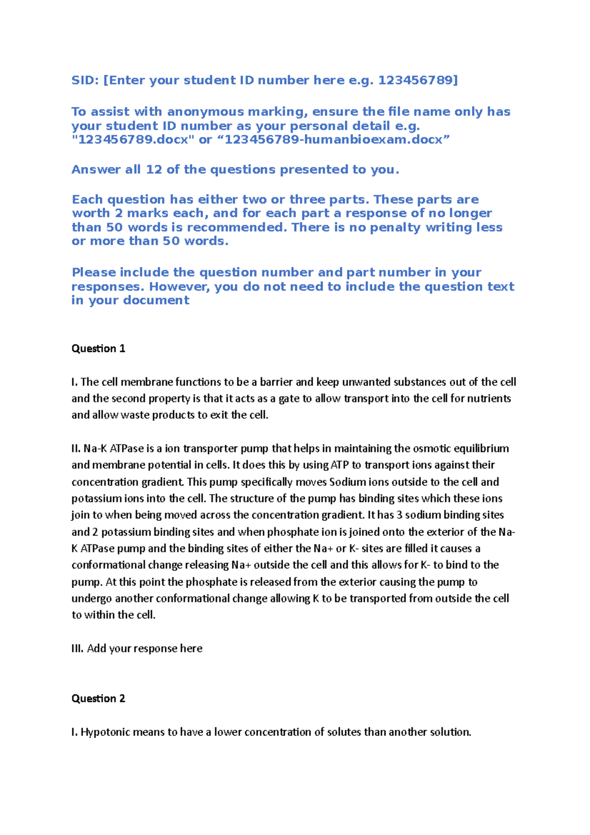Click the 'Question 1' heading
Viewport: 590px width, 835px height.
pyautogui.click(x=98, y=349)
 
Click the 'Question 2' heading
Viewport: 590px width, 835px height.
pyautogui.click(x=98, y=699)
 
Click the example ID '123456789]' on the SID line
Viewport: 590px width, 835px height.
pyautogui.click(x=418, y=80)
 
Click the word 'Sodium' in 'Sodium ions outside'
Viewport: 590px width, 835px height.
pyautogui.click(x=348, y=482)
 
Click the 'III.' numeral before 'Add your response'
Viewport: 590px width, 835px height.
pyautogui.click(x=78, y=649)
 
